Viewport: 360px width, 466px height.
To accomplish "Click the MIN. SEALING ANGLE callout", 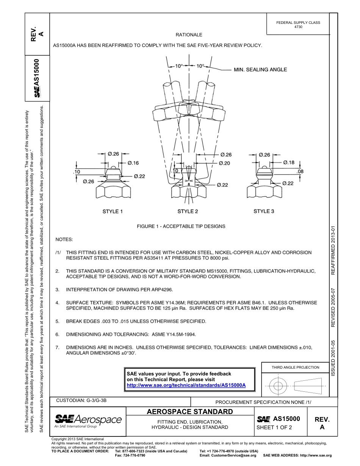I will (260, 70).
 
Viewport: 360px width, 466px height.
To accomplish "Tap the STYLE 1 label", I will (113, 211).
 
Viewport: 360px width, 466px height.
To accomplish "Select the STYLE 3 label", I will (264, 211).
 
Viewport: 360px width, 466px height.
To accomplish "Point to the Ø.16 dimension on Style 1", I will (133, 163).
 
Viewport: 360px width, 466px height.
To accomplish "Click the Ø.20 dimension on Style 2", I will (225, 163).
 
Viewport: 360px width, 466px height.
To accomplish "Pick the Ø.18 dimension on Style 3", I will (289, 163).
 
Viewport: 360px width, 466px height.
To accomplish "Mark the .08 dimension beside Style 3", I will (300, 171).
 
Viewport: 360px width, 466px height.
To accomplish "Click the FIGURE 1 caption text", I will (181, 227).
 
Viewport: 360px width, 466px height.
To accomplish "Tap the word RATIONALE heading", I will (189, 35).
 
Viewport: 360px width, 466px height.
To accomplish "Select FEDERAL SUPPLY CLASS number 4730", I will (298, 27).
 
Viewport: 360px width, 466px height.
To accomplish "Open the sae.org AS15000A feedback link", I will (186, 385).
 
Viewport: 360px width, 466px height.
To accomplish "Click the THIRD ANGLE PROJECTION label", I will (295, 367).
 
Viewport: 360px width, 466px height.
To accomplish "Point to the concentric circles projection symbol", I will (278, 386).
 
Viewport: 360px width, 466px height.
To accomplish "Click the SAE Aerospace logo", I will (88, 421).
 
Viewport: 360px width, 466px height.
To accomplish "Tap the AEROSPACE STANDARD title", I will (189, 412).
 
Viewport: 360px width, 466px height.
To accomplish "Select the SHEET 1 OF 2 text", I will (274, 428).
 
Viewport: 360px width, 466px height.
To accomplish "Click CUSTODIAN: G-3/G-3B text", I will (81, 400).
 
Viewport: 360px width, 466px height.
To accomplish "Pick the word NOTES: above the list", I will (64, 240).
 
